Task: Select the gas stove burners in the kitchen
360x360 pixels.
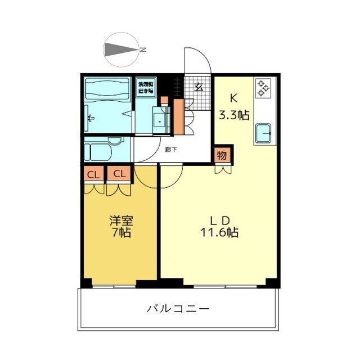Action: (262, 87)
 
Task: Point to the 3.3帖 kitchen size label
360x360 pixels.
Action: (234, 115)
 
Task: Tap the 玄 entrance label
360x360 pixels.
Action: (199, 87)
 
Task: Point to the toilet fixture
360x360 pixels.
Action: (101, 151)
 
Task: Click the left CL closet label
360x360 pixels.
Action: (94, 174)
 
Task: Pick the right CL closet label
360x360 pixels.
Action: (119, 174)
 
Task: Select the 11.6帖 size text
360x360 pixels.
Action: (219, 232)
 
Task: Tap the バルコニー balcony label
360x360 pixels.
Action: (178, 309)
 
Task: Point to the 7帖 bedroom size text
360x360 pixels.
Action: (120, 232)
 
